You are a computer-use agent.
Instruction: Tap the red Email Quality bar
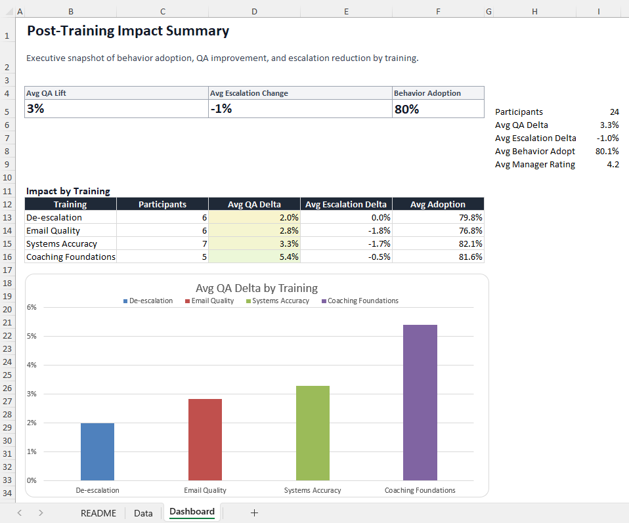click(205, 439)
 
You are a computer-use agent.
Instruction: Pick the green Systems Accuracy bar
click(313, 432)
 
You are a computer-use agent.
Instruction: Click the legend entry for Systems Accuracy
click(279, 301)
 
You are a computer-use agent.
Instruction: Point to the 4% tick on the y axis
click(31, 365)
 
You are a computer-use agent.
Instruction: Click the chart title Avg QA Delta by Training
click(256, 288)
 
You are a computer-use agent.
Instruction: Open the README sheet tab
click(98, 513)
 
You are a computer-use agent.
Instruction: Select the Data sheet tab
click(143, 513)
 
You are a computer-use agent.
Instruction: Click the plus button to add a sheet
click(254, 513)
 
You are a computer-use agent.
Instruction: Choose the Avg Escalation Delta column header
click(346, 204)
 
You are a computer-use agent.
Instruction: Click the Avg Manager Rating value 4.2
click(613, 165)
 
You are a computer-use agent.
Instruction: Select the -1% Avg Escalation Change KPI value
click(221, 109)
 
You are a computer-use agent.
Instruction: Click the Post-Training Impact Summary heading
click(128, 31)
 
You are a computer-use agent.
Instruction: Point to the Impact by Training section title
click(68, 191)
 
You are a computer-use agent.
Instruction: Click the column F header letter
click(438, 12)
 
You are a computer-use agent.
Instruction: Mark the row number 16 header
click(8, 257)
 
